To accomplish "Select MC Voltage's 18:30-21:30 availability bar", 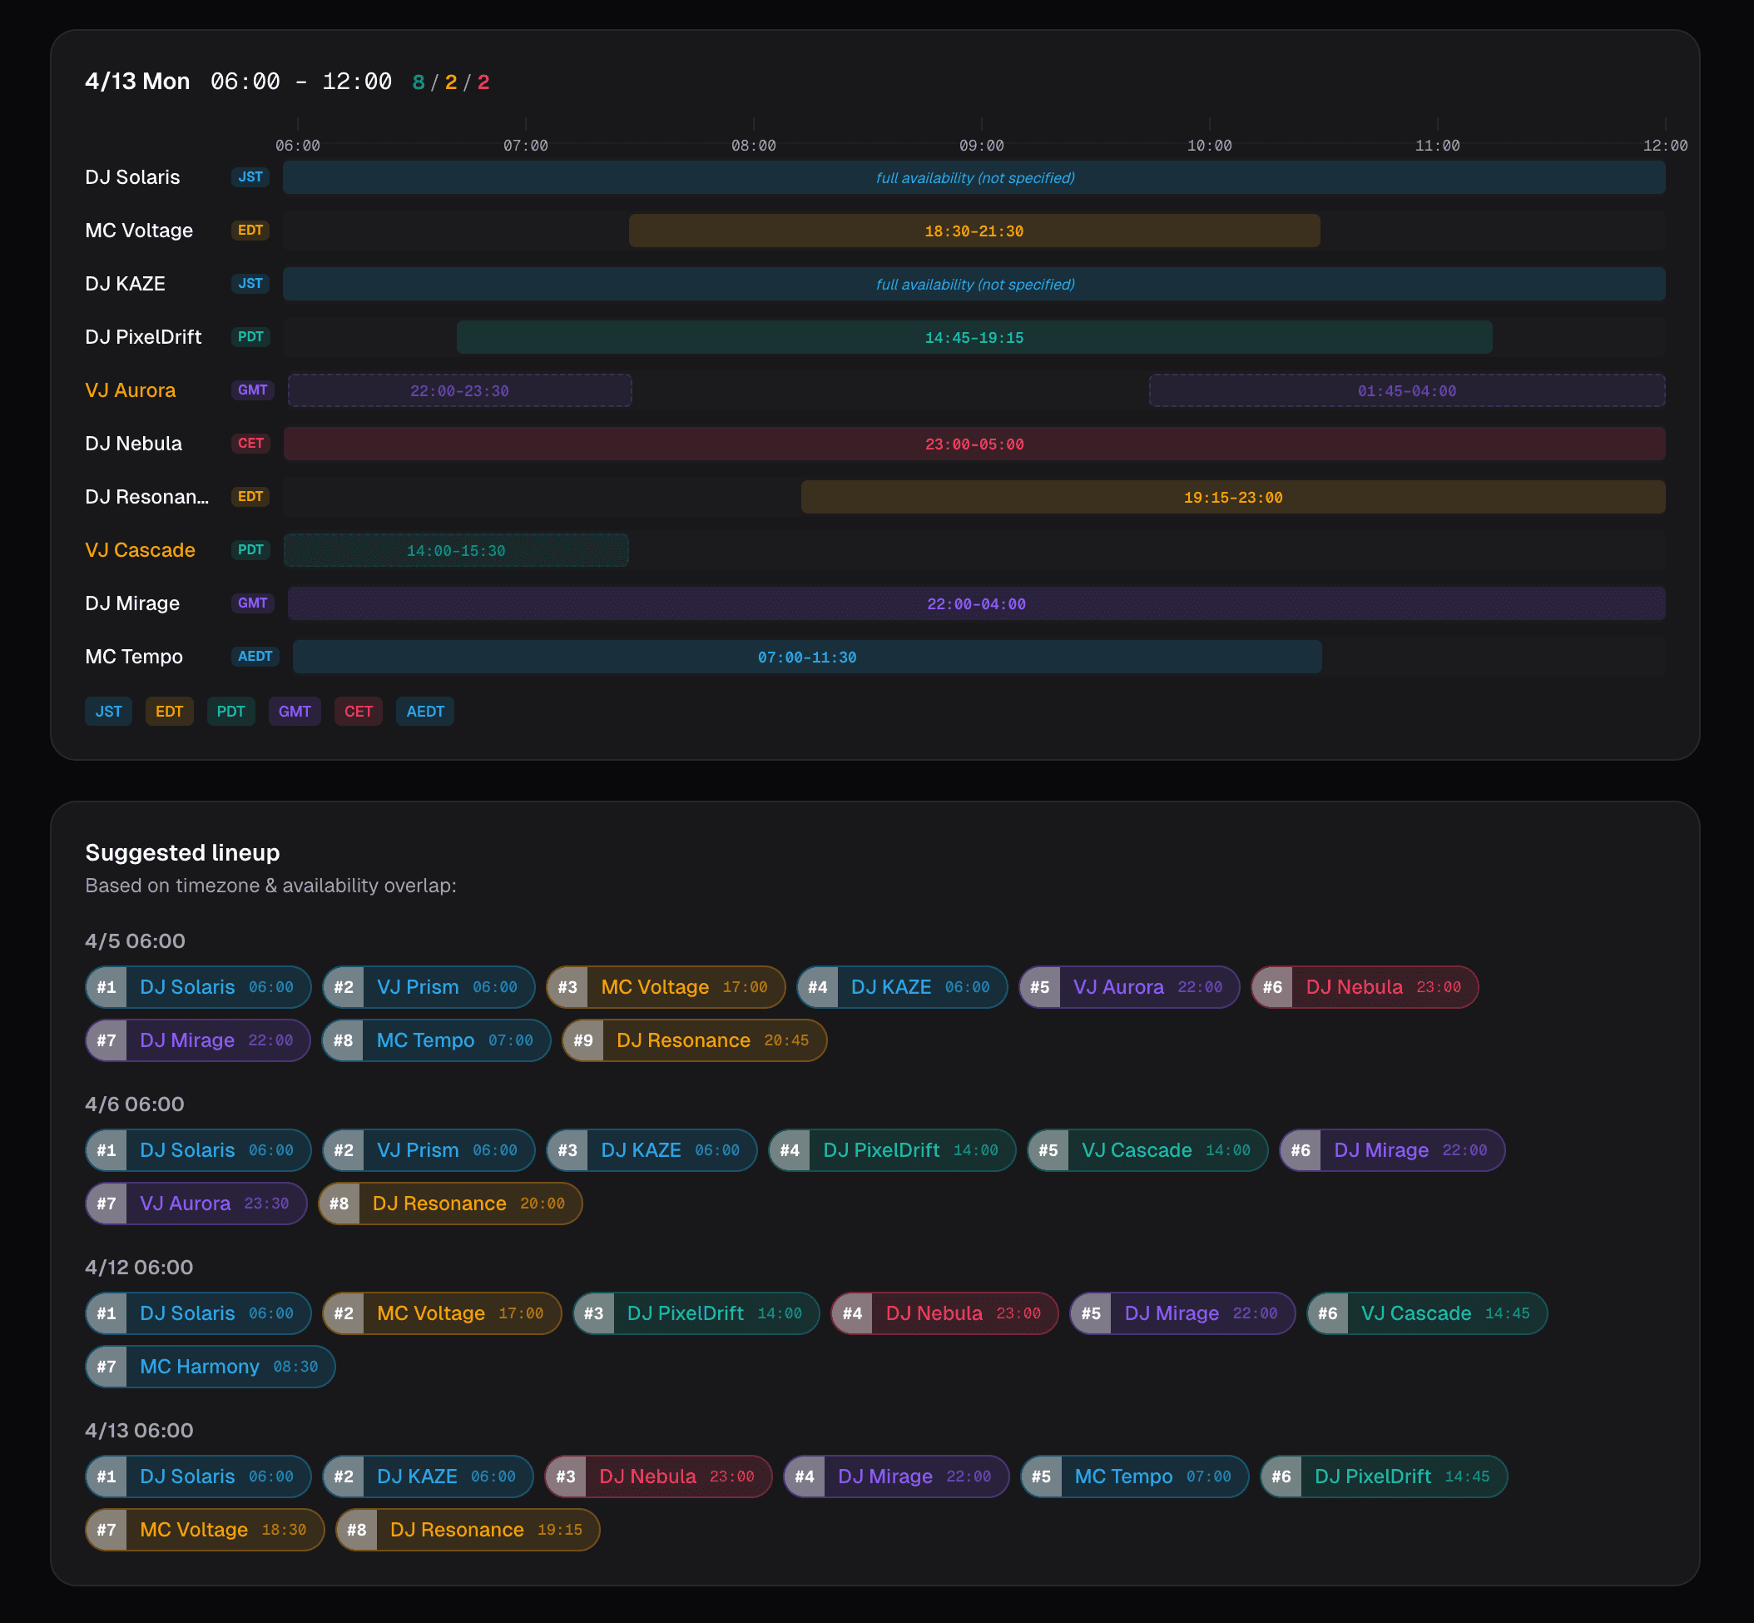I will (974, 231).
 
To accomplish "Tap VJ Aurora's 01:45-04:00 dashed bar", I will (1406, 391).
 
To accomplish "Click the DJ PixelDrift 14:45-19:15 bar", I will (974, 337).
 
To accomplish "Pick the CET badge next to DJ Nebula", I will (250, 444).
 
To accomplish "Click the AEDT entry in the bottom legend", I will (425, 712).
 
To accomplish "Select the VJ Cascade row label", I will (141, 550).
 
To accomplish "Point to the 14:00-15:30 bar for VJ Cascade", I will (456, 551).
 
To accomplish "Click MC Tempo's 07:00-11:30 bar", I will (807, 657).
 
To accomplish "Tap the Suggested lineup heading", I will (182, 853).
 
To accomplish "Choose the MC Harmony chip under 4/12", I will (211, 1367).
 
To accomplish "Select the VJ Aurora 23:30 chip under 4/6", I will (196, 1204).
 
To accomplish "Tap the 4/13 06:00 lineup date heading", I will (139, 1430).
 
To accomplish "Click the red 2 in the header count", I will (483, 82).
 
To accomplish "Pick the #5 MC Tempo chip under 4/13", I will (1134, 1477).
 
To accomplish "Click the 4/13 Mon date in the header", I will (138, 82).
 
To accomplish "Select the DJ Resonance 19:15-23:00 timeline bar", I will (1232, 497).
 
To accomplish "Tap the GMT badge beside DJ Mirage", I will (252, 603).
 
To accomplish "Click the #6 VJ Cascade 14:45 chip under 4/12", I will (1426, 1314).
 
